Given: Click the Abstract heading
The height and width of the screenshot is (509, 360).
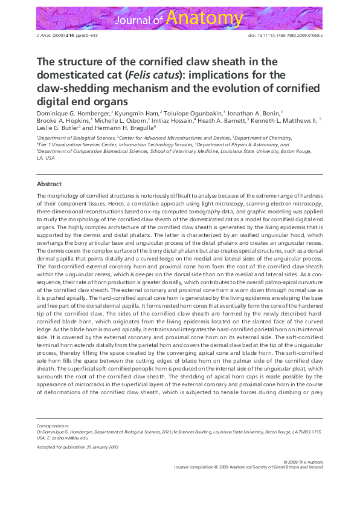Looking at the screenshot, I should point(49,183).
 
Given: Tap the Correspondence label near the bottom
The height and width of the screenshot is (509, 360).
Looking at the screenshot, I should point(53,426).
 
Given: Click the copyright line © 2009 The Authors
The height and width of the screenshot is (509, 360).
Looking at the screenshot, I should point(303,461).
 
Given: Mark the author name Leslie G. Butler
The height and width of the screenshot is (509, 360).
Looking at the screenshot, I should point(58,128).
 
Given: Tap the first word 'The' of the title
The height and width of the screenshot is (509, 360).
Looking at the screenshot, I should point(46,62).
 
